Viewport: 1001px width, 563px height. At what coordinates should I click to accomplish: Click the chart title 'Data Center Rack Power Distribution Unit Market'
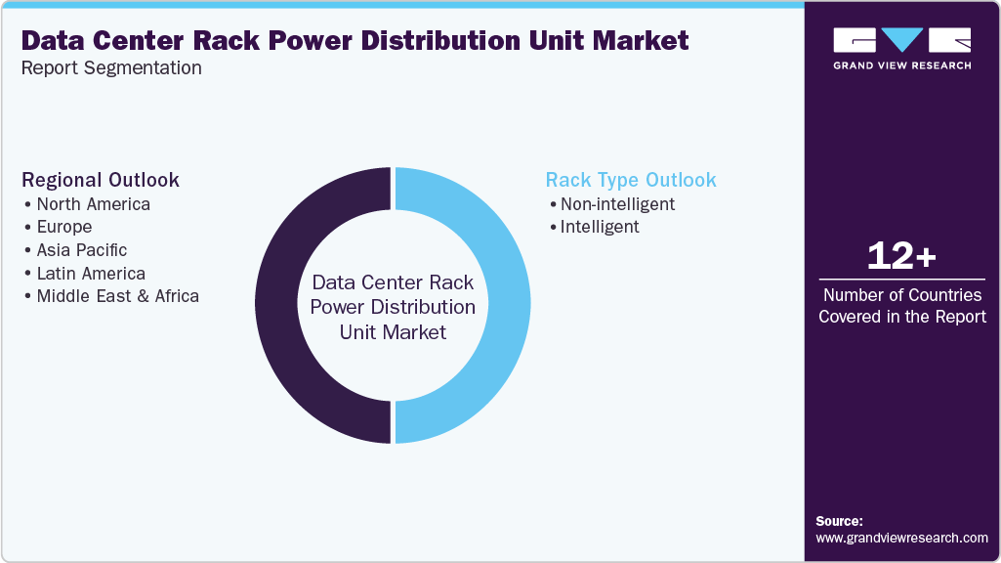click(x=355, y=41)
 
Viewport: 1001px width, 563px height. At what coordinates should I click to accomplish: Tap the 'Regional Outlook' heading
click(x=101, y=180)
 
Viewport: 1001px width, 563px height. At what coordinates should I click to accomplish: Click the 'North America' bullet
click(x=93, y=204)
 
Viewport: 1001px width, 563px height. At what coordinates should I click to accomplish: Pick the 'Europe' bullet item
click(x=63, y=227)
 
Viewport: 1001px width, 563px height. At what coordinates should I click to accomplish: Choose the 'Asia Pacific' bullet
click(x=81, y=250)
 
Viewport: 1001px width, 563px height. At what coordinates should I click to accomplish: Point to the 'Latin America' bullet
click(x=91, y=274)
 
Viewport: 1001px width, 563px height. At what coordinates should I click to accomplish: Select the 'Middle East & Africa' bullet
click(x=117, y=296)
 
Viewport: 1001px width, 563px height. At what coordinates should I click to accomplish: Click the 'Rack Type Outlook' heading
click(x=631, y=180)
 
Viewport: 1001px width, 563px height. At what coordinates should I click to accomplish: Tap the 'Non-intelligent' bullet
click(x=616, y=204)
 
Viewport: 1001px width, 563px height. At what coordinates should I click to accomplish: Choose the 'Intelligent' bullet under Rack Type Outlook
click(x=600, y=227)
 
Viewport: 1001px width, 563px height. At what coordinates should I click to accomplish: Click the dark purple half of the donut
click(x=278, y=305)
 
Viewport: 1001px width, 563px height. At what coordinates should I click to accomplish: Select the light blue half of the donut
click(x=508, y=305)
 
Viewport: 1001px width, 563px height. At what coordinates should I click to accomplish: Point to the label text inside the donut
click(x=393, y=307)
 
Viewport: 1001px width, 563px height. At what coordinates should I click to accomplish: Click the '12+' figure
click(x=901, y=257)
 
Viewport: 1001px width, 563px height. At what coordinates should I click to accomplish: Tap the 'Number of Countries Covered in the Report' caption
click(x=901, y=306)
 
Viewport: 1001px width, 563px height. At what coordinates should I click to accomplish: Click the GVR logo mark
click(x=901, y=40)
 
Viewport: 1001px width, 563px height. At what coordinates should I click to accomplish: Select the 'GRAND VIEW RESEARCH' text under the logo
click(x=901, y=65)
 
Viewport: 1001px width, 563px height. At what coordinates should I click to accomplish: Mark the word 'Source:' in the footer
click(x=839, y=521)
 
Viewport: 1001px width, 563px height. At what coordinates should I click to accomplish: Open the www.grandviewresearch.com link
click(x=901, y=538)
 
